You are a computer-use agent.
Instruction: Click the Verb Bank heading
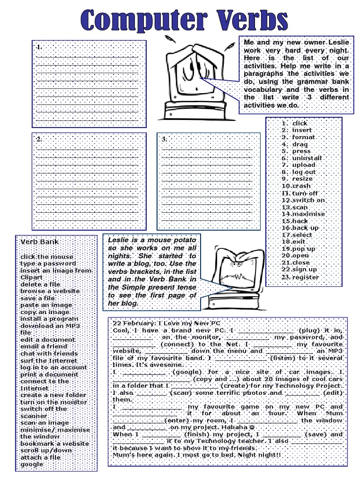[39, 242]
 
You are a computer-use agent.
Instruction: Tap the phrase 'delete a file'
[41, 284]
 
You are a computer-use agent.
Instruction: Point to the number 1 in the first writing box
[39, 47]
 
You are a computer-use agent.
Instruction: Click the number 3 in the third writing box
[164, 139]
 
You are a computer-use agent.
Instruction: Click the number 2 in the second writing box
[39, 139]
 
